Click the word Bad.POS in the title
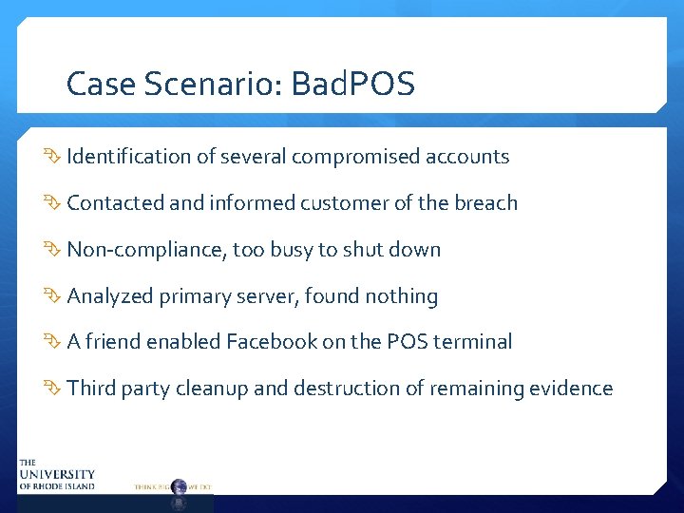353,85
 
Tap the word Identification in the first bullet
129,157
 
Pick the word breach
485,203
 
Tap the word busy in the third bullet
290,250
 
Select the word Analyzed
110,296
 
